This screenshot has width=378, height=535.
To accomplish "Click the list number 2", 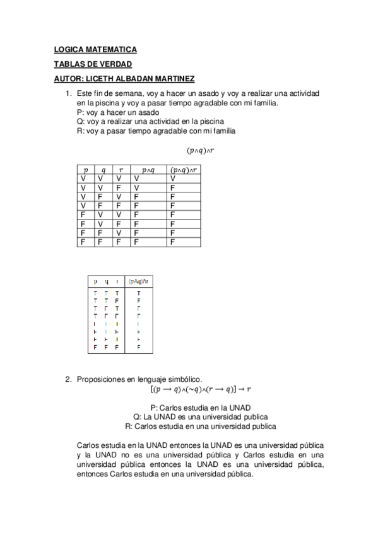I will tap(69, 379).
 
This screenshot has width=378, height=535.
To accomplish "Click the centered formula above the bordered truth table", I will tap(201, 150).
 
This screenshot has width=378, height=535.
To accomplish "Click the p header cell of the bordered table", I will tap(85, 170).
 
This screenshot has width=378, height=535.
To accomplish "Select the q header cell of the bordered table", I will tap(103, 170).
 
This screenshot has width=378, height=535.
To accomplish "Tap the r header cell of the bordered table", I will tap(121, 170).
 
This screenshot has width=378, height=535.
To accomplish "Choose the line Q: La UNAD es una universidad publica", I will tap(201, 416).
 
